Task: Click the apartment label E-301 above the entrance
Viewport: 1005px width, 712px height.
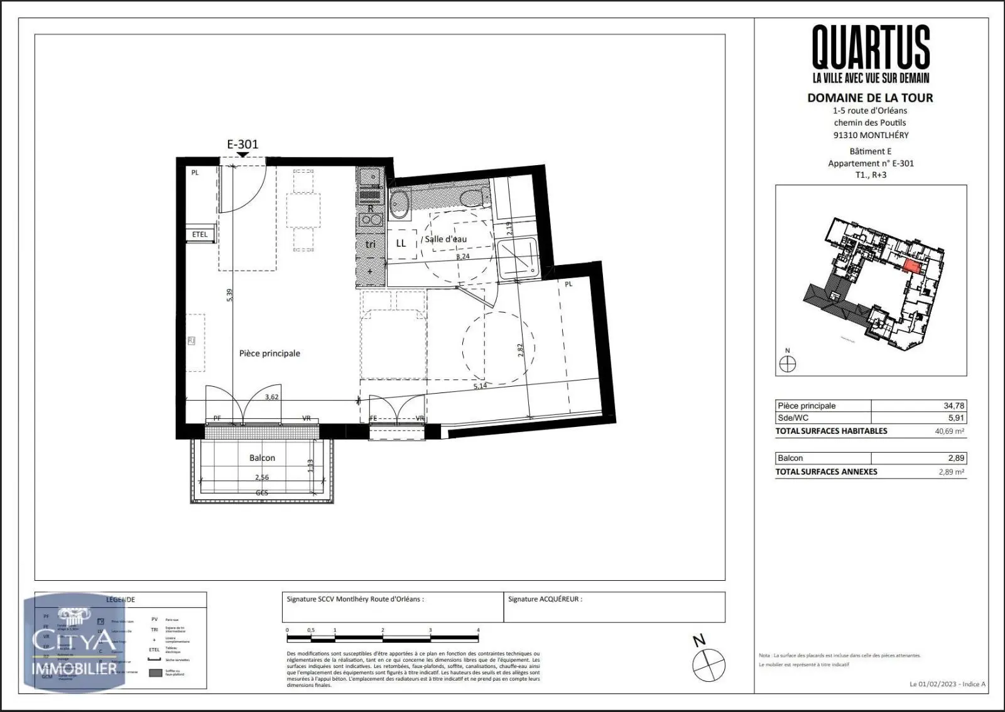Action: point(242,144)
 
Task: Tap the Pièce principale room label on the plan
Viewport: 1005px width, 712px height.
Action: point(269,353)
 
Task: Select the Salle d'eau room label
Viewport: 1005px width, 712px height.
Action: point(445,239)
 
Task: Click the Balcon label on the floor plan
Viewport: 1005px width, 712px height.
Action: point(262,458)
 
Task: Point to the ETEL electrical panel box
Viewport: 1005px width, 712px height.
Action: point(200,234)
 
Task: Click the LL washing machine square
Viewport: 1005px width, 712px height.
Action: point(401,244)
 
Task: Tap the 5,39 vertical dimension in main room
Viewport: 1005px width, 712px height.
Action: point(229,294)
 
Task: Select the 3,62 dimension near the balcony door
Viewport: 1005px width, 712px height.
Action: point(271,397)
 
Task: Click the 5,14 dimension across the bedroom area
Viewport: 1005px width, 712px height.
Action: point(480,386)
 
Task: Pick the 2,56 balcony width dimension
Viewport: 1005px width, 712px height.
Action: point(262,477)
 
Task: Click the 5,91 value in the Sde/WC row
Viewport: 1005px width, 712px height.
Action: point(955,418)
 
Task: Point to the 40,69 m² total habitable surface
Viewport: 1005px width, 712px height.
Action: point(950,431)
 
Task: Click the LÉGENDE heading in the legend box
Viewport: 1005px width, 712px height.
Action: point(120,600)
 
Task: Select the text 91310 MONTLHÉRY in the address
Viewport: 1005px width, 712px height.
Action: point(870,135)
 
